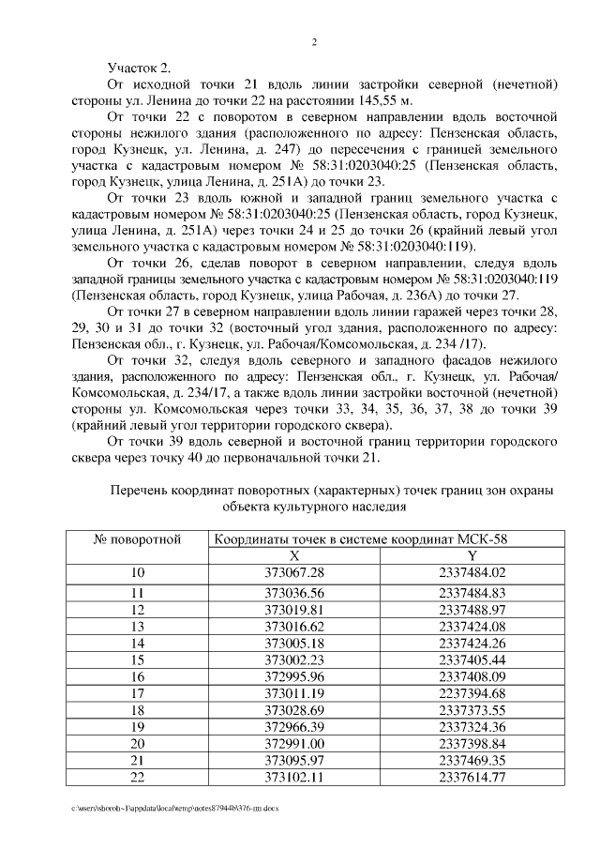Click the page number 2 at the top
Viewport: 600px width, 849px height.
[x=314, y=42]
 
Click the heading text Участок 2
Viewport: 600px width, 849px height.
[x=140, y=68]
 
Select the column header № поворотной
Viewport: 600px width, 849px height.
[x=137, y=539]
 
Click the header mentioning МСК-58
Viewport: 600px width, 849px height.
[x=361, y=539]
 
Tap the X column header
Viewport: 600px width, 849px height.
[x=294, y=555]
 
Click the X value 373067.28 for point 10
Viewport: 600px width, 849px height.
[x=294, y=572]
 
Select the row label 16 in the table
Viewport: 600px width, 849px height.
[x=137, y=676]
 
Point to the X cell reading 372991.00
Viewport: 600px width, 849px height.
[x=294, y=744]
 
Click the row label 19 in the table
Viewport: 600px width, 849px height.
[x=137, y=727]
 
